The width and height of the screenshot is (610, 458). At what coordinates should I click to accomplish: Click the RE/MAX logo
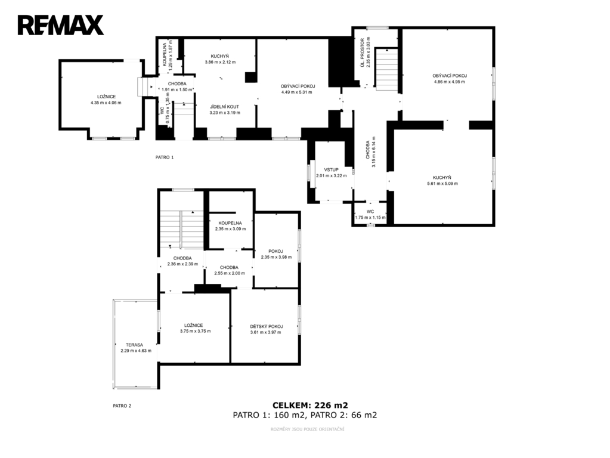pyautogui.click(x=61, y=25)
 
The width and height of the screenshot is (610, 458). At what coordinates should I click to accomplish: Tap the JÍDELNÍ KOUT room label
pyautogui.click(x=224, y=107)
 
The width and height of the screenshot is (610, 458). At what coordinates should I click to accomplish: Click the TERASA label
pyautogui.click(x=134, y=345)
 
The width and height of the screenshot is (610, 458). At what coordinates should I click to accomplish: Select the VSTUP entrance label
pyautogui.click(x=331, y=169)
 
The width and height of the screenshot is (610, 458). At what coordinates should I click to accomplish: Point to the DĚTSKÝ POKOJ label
pyautogui.click(x=266, y=326)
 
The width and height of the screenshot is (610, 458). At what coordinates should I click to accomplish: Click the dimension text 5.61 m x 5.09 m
pyautogui.click(x=442, y=183)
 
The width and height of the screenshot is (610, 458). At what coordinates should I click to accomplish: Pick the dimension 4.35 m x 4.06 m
pyautogui.click(x=106, y=103)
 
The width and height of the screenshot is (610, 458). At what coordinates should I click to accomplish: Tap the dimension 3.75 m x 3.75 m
pyautogui.click(x=196, y=331)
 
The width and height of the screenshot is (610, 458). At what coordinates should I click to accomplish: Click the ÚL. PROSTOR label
pyautogui.click(x=362, y=52)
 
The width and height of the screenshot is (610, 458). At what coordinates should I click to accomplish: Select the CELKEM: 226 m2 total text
pyautogui.click(x=310, y=405)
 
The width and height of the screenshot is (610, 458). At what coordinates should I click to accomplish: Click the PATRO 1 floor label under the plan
pyautogui.click(x=165, y=157)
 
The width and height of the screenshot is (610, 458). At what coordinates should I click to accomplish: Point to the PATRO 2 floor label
pyautogui.click(x=122, y=406)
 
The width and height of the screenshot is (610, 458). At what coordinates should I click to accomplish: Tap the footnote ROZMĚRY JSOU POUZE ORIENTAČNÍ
pyautogui.click(x=307, y=429)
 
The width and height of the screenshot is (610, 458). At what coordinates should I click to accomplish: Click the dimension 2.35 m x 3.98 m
pyautogui.click(x=276, y=257)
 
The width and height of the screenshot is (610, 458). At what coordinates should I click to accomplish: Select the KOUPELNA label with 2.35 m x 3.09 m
pyautogui.click(x=230, y=223)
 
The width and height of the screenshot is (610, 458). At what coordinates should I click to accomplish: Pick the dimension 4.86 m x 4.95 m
pyautogui.click(x=450, y=82)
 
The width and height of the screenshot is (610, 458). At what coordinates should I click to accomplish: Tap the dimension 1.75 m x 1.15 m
pyautogui.click(x=370, y=218)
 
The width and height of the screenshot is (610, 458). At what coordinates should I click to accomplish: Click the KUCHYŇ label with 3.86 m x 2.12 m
pyautogui.click(x=220, y=56)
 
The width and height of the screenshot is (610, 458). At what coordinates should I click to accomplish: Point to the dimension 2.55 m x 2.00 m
pyautogui.click(x=230, y=273)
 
